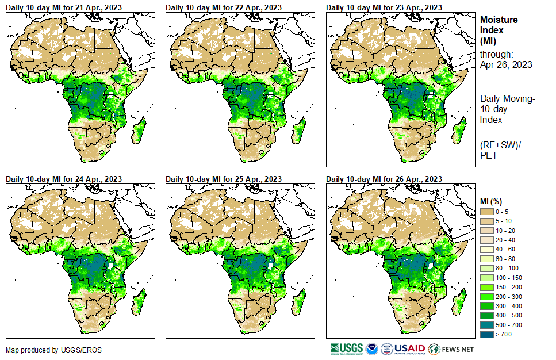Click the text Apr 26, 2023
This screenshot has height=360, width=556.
point(506,64)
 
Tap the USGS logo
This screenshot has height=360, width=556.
point(346,348)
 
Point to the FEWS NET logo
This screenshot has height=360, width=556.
point(451,348)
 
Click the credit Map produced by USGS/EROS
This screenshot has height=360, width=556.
point(45,350)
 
